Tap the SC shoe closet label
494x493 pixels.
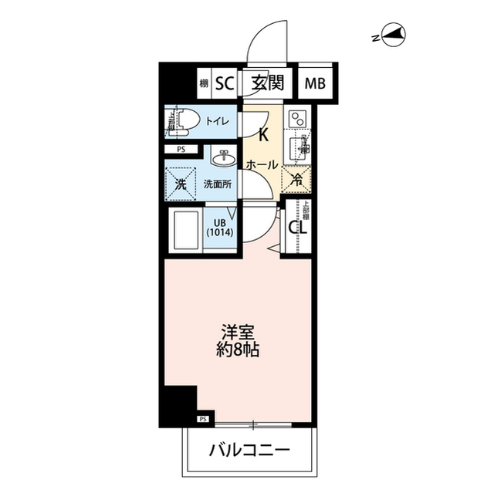pyautogui.click(x=225, y=83)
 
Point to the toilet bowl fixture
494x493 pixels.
pyautogui.click(x=184, y=120)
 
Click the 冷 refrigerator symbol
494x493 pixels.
pyautogui.click(x=297, y=181)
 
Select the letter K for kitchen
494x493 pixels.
pyautogui.click(x=262, y=136)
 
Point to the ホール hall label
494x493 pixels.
pyautogui.click(x=262, y=164)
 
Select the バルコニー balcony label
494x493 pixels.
pyautogui.click(x=249, y=450)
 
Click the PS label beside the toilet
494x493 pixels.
pyautogui.click(x=181, y=150)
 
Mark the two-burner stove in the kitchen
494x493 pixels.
pyautogui.click(x=297, y=120)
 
